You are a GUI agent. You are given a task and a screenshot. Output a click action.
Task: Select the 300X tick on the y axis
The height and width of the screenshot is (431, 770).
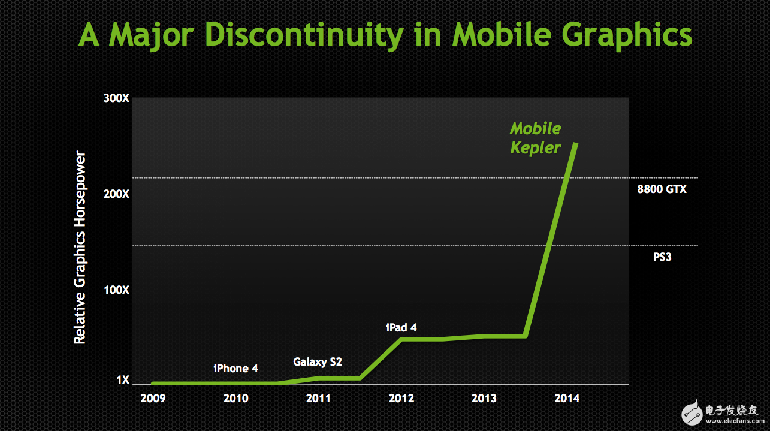pos(117,98)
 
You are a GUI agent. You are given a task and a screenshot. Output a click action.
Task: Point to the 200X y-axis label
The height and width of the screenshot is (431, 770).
pos(117,194)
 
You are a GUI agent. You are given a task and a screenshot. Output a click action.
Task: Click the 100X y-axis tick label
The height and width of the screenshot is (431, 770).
pos(117,290)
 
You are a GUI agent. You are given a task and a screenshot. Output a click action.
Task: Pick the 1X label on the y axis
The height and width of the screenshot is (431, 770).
pos(123,379)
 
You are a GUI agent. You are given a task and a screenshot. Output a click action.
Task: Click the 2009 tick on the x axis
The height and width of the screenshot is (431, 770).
pos(153,398)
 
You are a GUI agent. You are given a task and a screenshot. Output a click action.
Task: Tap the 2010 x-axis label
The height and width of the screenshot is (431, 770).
pos(235,398)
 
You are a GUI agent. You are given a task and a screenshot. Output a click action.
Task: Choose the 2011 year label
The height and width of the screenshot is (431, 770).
pos(318,398)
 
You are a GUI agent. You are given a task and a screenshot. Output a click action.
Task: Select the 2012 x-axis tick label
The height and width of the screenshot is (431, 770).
pos(401,398)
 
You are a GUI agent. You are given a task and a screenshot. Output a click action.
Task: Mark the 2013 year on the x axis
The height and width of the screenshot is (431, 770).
pos(484,398)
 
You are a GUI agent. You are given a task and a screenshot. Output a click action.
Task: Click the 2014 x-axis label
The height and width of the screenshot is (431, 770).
pos(567,398)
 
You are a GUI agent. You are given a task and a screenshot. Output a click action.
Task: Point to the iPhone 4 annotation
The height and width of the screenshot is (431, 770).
pos(236,368)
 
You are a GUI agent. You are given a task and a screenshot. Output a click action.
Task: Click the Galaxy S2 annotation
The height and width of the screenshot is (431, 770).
pos(318,362)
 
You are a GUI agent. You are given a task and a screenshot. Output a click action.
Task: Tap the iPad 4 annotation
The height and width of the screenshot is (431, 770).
pos(401,327)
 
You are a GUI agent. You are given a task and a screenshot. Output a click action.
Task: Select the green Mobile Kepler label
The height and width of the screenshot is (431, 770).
pos(535,138)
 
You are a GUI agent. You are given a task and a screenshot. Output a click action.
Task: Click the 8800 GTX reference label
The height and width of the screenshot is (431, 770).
pos(662,189)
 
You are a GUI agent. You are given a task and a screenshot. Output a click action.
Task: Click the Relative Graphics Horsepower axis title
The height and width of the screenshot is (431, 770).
pos(80,248)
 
